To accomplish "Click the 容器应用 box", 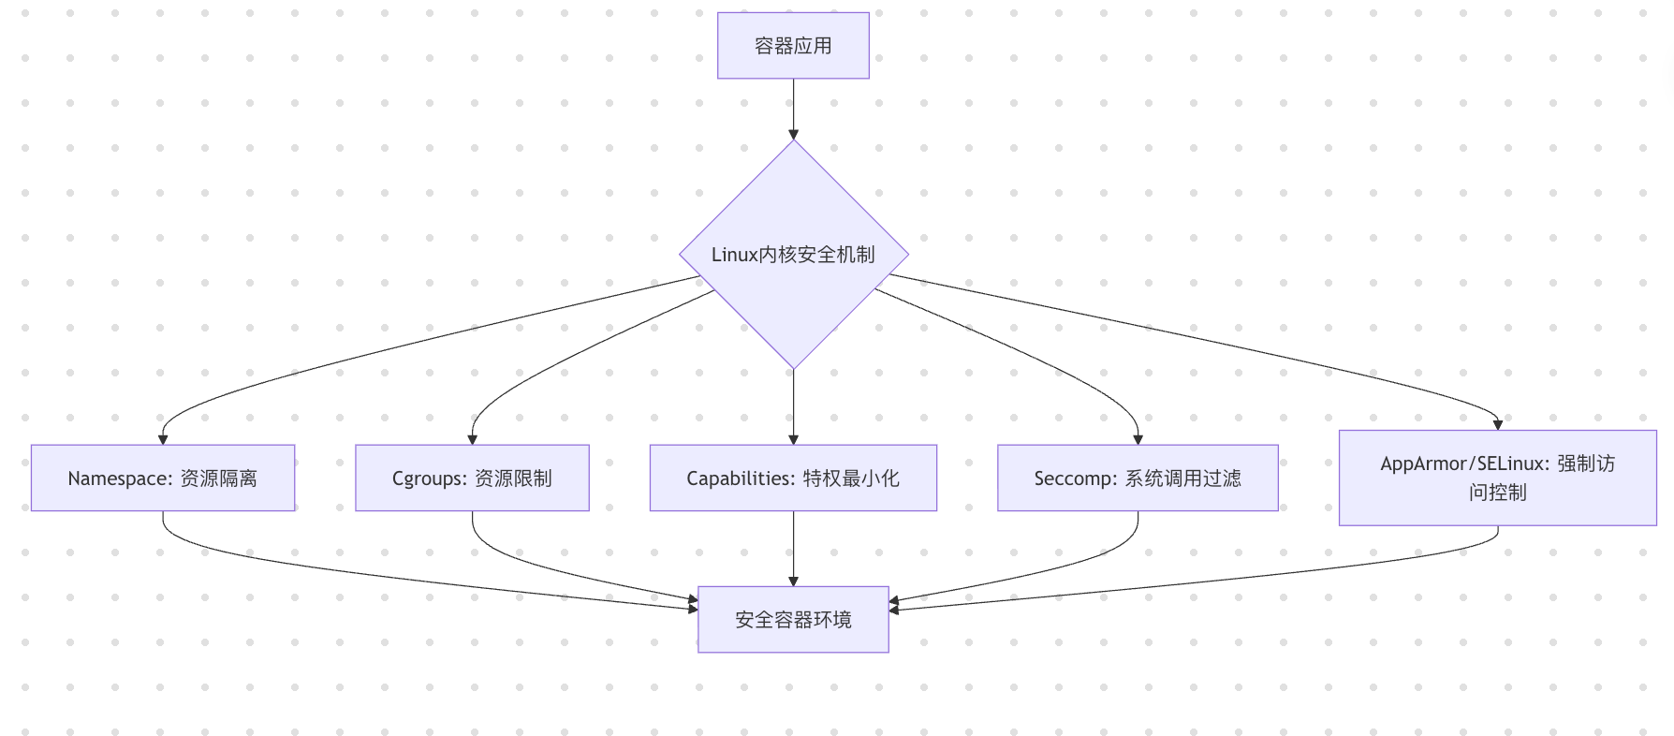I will pyautogui.click(x=793, y=46).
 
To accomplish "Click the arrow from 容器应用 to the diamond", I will pyautogui.click(x=793, y=108).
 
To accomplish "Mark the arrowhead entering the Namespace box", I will pyautogui.click(x=163, y=438).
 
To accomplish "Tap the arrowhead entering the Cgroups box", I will pyautogui.click(x=472, y=438).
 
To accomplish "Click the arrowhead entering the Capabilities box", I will pyautogui.click(x=793, y=438).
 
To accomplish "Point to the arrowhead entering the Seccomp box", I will pyautogui.click(x=1138, y=438).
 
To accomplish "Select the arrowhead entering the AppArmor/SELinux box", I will pyautogui.click(x=1497, y=424).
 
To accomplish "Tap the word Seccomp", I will pyautogui.click(x=1071, y=479).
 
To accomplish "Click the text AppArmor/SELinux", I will pyautogui.click(x=1461, y=464).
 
